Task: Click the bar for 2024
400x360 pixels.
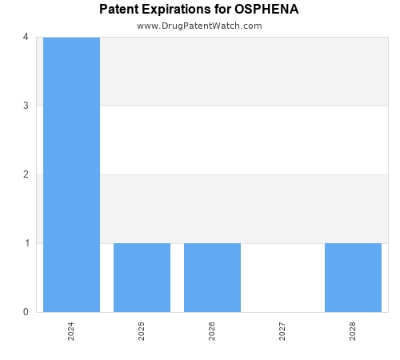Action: click(x=71, y=174)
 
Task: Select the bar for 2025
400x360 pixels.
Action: click(x=142, y=277)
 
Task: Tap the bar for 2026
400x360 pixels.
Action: click(x=212, y=277)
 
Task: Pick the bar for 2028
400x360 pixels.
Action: click(x=353, y=277)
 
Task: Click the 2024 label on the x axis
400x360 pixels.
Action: click(x=71, y=331)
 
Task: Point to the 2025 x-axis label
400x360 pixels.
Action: click(x=142, y=331)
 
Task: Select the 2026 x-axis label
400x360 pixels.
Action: click(x=212, y=331)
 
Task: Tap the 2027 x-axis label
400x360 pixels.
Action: click(x=282, y=331)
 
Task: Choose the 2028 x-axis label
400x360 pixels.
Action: click(x=353, y=331)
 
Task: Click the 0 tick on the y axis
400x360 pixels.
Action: click(x=26, y=312)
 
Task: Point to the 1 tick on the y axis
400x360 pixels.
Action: click(x=26, y=243)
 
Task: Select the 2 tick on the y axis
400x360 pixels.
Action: click(x=26, y=174)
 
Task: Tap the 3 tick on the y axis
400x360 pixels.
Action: click(x=26, y=106)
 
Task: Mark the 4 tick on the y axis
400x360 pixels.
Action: click(x=26, y=37)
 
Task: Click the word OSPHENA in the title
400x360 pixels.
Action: click(x=266, y=10)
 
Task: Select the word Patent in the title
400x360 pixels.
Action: click(x=118, y=10)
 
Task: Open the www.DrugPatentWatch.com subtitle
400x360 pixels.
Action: click(x=199, y=26)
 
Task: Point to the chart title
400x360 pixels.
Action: click(x=199, y=10)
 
